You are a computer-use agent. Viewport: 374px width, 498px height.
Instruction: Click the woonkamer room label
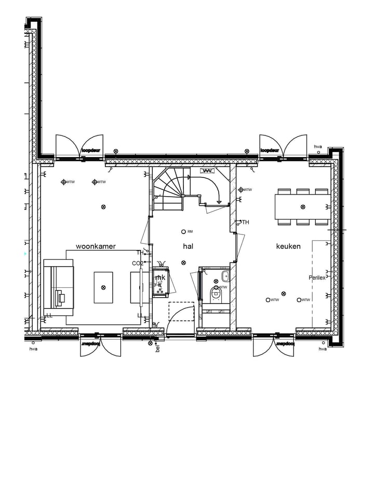tap(96, 246)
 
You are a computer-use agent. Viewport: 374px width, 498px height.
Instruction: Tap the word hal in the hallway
tap(188, 246)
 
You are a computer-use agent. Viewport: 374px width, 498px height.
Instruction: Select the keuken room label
tap(288, 246)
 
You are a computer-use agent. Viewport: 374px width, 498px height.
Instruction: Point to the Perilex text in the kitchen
tap(317, 278)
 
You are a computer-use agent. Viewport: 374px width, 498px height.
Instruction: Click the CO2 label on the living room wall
tap(138, 264)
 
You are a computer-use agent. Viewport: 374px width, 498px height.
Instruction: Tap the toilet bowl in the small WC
tap(216, 295)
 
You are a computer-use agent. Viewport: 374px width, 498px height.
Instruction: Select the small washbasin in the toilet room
tap(225, 275)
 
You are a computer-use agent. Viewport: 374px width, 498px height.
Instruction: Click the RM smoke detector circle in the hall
tap(183, 231)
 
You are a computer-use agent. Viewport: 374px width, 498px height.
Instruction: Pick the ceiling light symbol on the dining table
tap(303, 207)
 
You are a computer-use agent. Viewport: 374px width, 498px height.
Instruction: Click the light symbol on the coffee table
tap(103, 287)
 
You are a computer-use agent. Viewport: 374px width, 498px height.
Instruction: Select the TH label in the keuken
tap(245, 223)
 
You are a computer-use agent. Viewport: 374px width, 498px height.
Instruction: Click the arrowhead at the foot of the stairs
tap(220, 201)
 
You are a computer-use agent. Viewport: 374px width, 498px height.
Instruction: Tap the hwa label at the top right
tap(318, 147)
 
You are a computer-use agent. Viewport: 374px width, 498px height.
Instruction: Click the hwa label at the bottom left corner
tap(34, 349)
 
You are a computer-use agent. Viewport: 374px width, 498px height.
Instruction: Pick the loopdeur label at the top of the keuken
tap(270, 150)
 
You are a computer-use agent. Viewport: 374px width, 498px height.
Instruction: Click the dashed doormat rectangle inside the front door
tap(181, 311)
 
